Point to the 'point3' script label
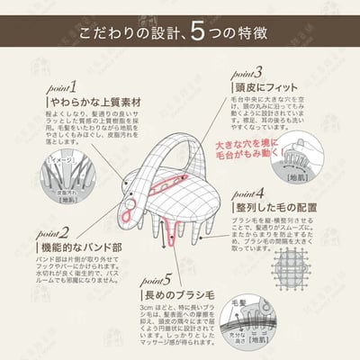pos(244,71)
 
